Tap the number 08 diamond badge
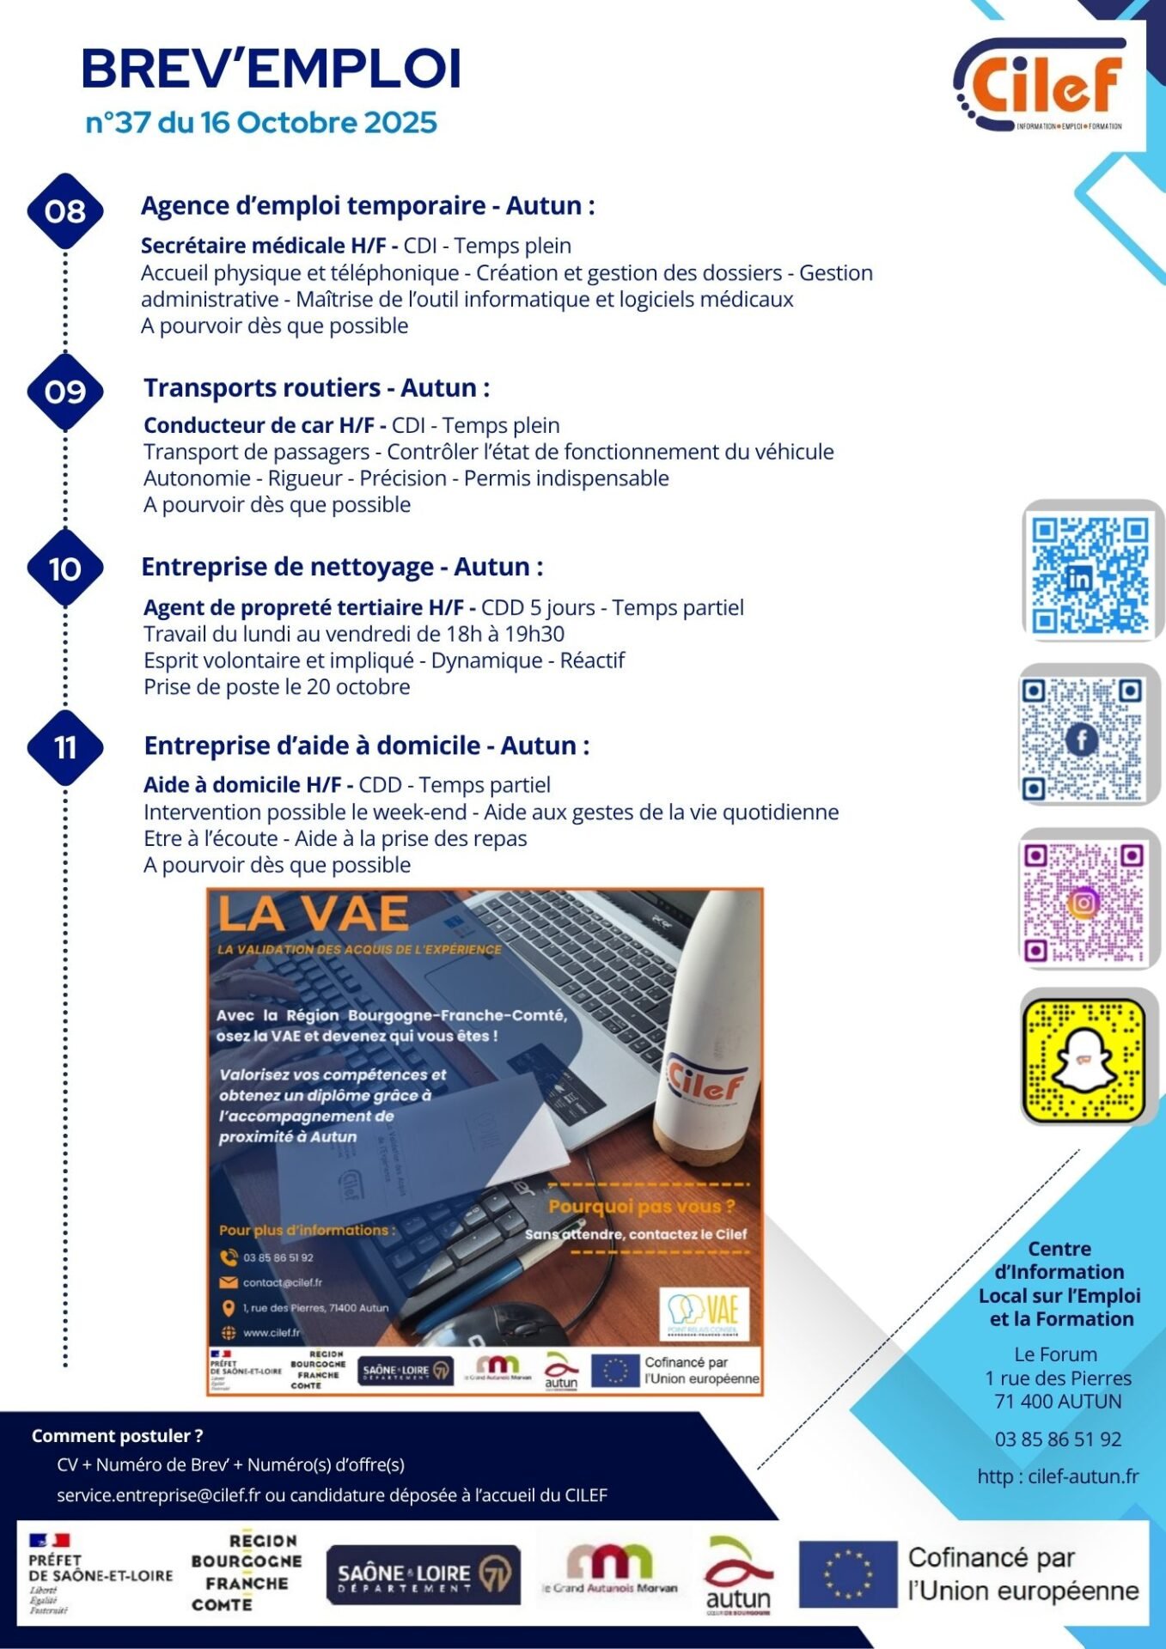tap(65, 210)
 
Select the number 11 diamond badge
tap(65, 747)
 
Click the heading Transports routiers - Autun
tap(316, 387)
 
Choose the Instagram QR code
tap(1084, 903)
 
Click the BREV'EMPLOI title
tap(272, 69)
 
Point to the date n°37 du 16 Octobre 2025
tap(261, 123)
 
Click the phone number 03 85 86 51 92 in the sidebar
tap(1058, 1439)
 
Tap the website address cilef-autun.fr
tap(1058, 1476)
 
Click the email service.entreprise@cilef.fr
tap(158, 1495)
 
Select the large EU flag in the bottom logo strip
tap(847, 1573)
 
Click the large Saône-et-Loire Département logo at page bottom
tap(423, 1574)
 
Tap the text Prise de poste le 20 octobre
tap(277, 687)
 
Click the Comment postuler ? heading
tap(117, 1436)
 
